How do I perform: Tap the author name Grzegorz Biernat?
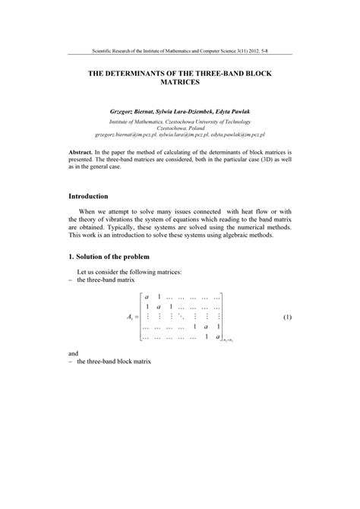(134, 112)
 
